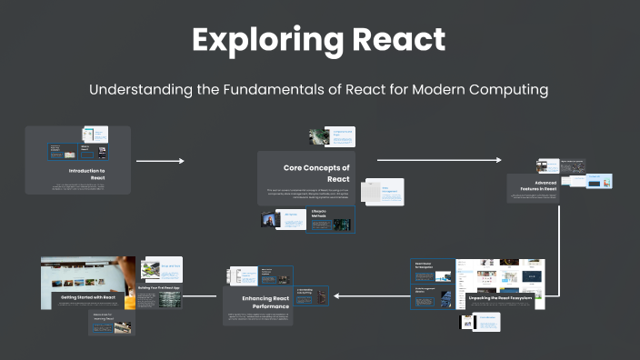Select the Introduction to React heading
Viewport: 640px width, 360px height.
pos(87,175)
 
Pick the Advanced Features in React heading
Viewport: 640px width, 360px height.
pos(538,187)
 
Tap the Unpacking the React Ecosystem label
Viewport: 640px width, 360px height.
pos(500,298)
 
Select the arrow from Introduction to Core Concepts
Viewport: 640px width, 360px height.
pos(160,161)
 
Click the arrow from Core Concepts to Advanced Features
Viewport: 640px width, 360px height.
pos(439,160)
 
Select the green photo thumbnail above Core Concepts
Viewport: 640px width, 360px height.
pos(318,137)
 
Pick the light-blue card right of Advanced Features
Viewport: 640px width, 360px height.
pos(599,182)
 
